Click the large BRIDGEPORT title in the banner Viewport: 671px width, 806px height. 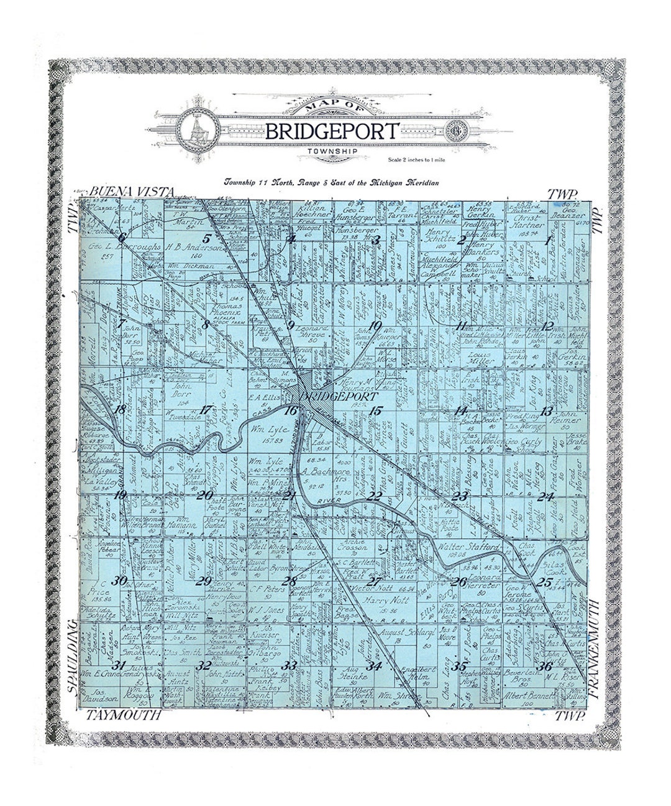[332, 131]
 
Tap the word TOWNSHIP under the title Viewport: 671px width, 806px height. [332, 151]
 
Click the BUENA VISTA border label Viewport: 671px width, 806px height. [132, 192]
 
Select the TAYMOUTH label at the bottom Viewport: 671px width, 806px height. [124, 715]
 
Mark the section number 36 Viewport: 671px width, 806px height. [546, 667]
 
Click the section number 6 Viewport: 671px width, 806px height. [122, 237]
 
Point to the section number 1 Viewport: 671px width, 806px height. [547, 241]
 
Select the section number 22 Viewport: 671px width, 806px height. [375, 496]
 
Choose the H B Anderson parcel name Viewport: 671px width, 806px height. [193, 247]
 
